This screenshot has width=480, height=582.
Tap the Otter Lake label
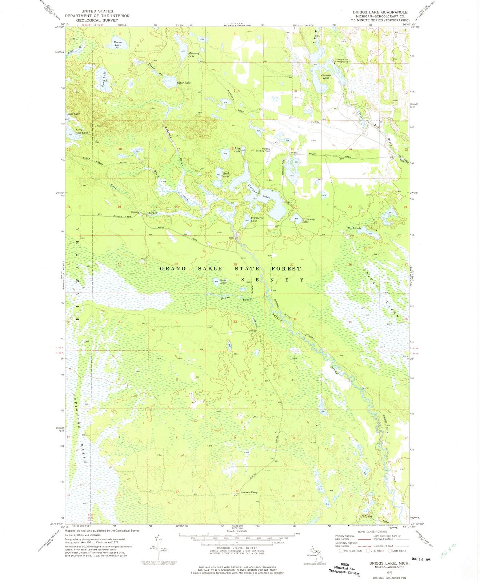pyautogui.click(x=183, y=83)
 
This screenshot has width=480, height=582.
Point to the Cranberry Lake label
pyautogui.click(x=251, y=219)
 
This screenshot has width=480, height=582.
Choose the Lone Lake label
pyautogui.click(x=223, y=281)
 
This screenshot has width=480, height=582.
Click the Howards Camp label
pyautogui.click(x=249, y=493)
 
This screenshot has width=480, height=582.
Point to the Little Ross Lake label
pyautogui.click(x=81, y=132)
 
